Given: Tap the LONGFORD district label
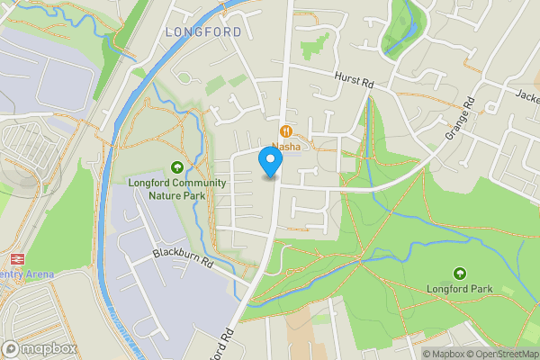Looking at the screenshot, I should point(203,31).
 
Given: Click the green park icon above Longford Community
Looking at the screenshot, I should point(177,166).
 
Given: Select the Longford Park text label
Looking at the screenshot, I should point(460,289).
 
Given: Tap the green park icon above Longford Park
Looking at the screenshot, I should point(460,273).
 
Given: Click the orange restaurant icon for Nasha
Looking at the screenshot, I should point(285,130).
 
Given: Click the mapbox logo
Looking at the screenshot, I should point(40,348).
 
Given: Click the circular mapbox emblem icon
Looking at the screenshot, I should point(12,348).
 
